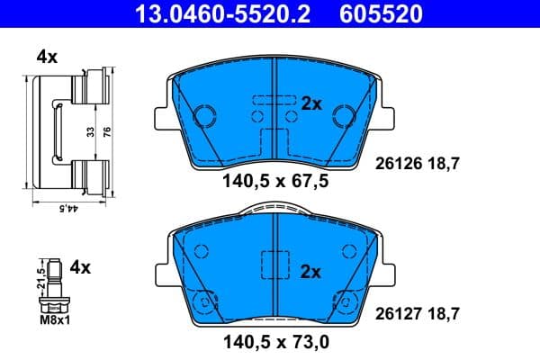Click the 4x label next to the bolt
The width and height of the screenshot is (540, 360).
81,267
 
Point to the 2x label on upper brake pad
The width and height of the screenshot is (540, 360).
311,103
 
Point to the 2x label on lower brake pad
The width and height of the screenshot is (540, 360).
311,269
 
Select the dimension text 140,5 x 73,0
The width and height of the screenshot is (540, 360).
274,342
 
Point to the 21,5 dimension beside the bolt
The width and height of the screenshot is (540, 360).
40,274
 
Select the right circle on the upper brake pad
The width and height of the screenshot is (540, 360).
342,115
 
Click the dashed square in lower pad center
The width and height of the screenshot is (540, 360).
273,266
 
